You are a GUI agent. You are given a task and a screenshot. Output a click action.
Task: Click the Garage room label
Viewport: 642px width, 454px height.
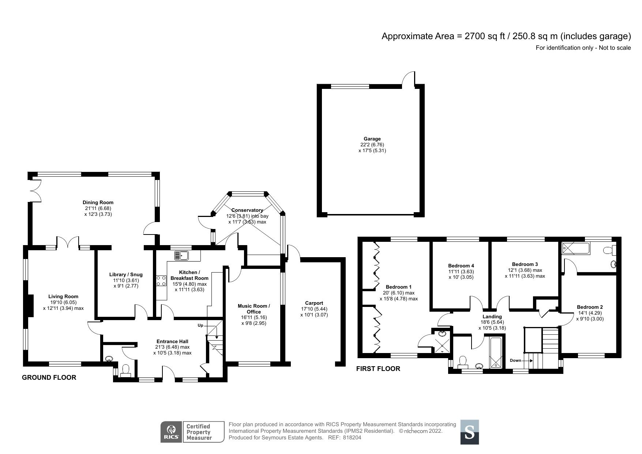372,139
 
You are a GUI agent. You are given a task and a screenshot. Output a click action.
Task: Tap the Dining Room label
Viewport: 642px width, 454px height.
98,202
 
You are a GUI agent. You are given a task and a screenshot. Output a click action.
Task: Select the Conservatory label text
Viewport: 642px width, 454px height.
247,210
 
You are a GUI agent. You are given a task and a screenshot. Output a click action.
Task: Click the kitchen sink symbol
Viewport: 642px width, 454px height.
181,255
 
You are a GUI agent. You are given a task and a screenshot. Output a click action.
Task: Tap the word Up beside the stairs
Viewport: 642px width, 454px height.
200,325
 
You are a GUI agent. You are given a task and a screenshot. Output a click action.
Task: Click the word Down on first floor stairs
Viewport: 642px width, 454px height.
515,360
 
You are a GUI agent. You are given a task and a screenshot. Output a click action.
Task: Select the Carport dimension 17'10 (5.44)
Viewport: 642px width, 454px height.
314,309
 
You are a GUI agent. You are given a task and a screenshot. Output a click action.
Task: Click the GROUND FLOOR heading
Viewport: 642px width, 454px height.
49,378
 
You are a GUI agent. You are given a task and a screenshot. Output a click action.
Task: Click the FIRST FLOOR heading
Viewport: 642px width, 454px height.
378,369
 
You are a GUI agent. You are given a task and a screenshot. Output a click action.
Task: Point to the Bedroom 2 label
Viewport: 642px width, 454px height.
590,307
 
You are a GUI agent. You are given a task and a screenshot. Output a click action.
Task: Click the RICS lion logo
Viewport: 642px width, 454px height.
171,432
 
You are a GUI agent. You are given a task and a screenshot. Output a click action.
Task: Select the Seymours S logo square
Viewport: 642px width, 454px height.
469,432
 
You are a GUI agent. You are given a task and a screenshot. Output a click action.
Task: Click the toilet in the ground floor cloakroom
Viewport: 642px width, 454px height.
125,370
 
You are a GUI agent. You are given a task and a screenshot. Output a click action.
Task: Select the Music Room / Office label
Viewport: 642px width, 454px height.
254,309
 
